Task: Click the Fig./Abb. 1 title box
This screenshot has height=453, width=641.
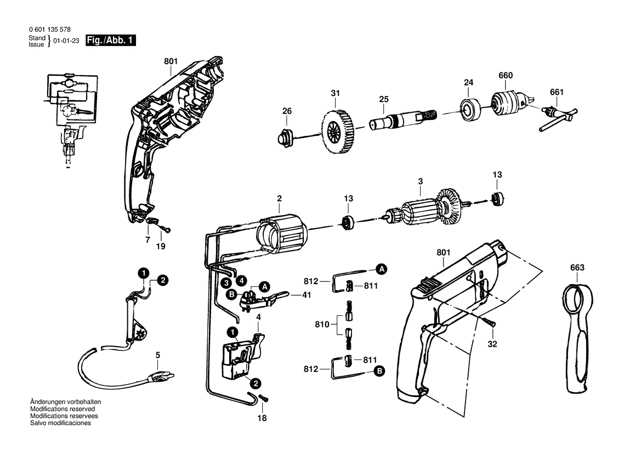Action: [110, 41]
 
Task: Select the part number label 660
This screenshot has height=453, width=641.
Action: [506, 76]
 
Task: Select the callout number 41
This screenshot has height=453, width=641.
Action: [307, 295]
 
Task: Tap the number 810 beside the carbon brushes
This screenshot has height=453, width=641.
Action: [322, 324]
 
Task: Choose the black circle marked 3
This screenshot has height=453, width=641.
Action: [226, 282]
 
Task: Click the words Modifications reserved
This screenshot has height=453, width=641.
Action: [63, 409]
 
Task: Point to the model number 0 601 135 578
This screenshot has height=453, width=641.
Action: [49, 30]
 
